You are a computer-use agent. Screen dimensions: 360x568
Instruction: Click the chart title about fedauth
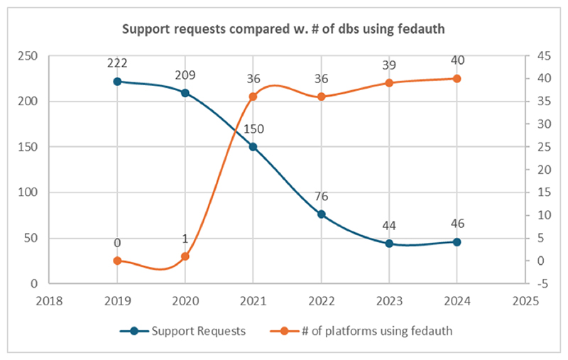click(283, 30)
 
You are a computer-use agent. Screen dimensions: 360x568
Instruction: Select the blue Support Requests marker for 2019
click(117, 82)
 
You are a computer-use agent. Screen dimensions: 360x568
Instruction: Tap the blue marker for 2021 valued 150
click(253, 147)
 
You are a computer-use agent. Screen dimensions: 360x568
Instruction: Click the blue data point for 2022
click(321, 214)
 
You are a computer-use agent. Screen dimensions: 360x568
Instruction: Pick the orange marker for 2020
click(185, 256)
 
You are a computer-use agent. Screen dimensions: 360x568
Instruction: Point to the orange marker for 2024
click(457, 79)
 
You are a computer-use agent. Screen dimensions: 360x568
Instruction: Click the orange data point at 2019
click(117, 261)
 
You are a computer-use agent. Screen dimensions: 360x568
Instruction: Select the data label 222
click(117, 63)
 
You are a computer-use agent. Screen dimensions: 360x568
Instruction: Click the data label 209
click(185, 75)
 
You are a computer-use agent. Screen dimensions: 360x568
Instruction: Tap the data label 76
click(321, 197)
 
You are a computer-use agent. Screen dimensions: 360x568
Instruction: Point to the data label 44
click(388, 226)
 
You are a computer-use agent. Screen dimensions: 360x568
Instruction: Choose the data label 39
click(388, 65)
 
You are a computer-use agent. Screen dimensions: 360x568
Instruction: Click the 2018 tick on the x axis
click(49, 300)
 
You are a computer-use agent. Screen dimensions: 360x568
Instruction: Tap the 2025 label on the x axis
click(524, 300)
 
